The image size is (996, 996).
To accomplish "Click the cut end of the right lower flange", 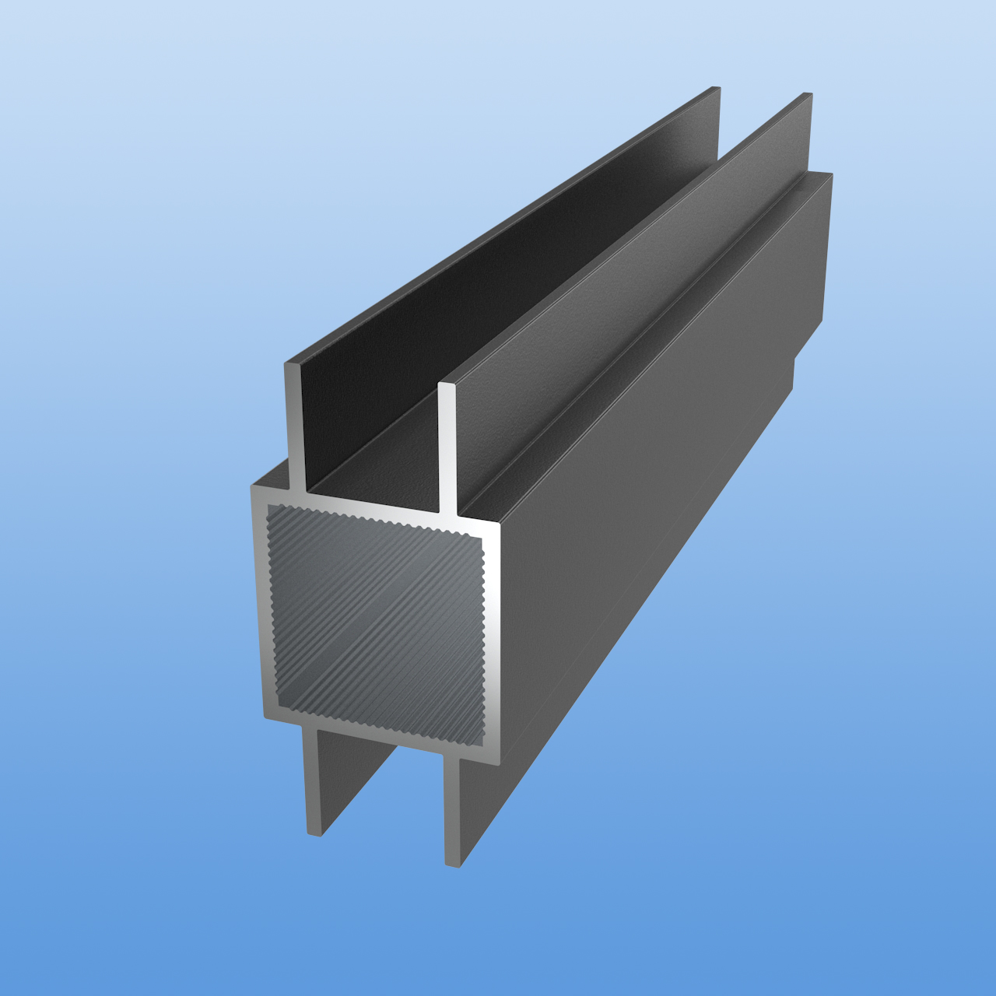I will click(x=452, y=809).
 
